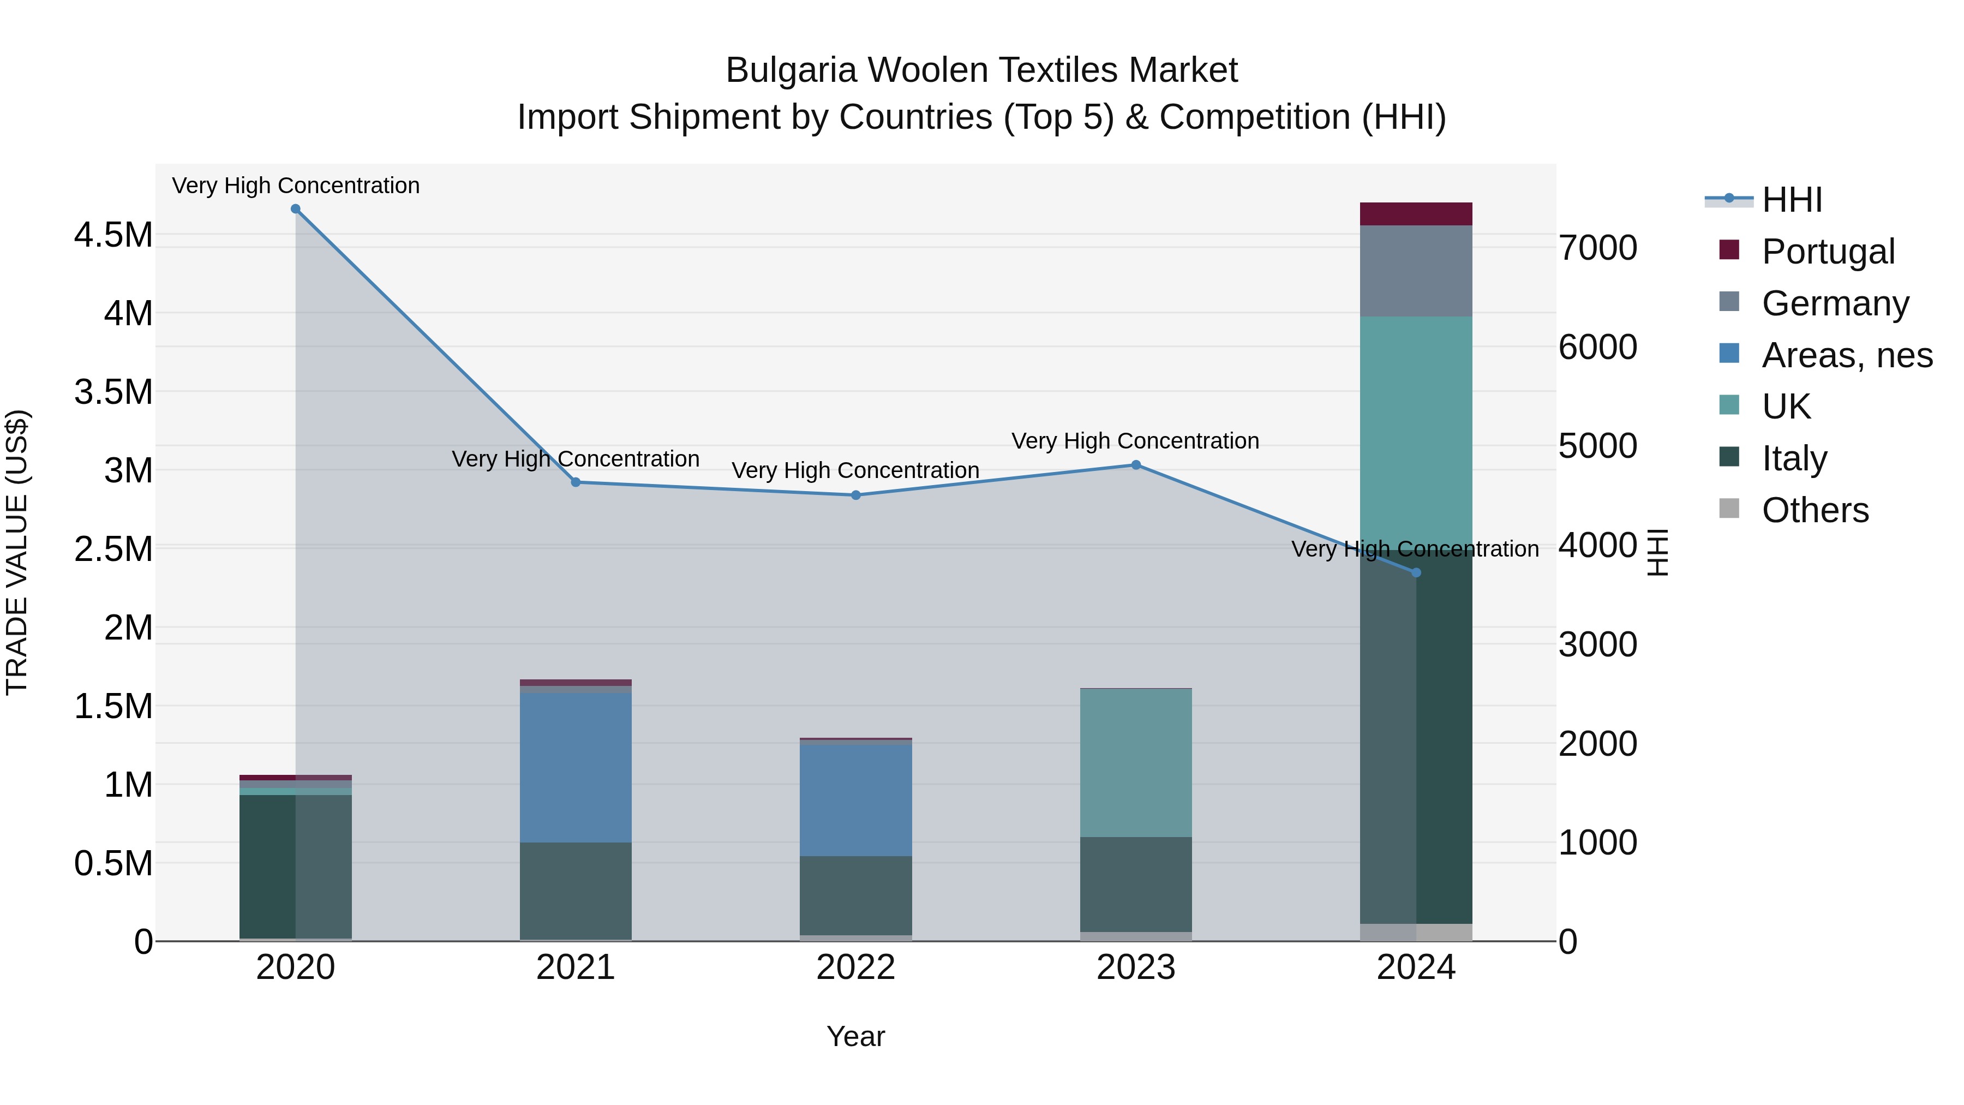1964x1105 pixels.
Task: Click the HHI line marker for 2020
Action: coord(296,209)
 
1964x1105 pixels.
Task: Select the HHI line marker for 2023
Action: coord(1136,465)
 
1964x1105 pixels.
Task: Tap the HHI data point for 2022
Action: coord(855,495)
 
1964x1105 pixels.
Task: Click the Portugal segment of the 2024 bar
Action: coord(1416,214)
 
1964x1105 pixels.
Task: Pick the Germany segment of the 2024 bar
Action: coord(1416,271)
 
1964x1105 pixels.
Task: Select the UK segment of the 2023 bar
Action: coord(1136,763)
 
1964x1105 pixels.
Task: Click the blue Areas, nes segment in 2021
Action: coord(576,767)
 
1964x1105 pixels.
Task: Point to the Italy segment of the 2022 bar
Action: coord(855,895)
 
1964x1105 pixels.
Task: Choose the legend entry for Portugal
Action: coord(1828,252)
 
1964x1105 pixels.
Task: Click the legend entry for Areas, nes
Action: coord(1847,355)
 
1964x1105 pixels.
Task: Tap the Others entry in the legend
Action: coord(1815,510)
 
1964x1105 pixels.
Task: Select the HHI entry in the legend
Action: coord(1792,200)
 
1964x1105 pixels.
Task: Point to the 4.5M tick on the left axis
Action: coord(113,235)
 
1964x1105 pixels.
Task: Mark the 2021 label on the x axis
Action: coord(576,967)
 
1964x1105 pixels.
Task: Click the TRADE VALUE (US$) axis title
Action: coord(17,552)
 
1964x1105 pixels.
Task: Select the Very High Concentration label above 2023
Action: coord(1135,441)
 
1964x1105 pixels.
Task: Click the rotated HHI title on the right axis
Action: coord(1657,552)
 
